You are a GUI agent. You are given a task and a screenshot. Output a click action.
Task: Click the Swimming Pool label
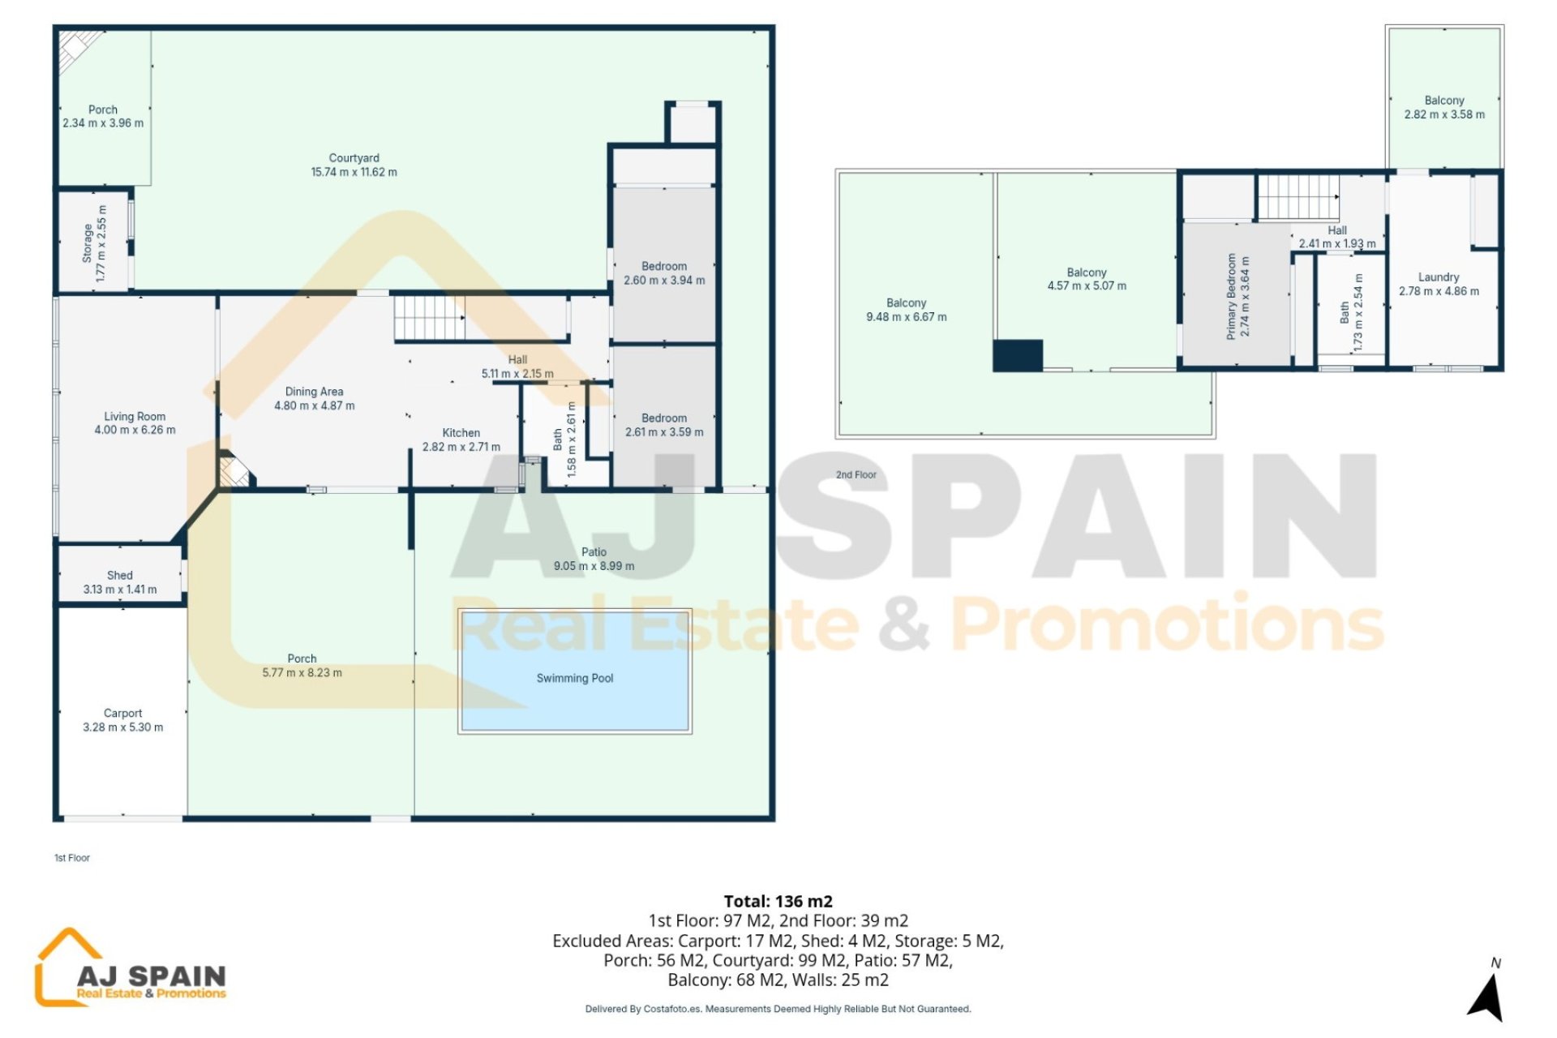point(575,678)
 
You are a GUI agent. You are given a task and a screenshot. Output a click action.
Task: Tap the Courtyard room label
point(354,158)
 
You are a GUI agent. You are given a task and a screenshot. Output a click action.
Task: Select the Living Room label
point(135,416)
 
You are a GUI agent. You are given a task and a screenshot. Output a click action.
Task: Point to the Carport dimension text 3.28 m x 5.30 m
point(123,727)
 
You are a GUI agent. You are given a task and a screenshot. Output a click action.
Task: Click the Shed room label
point(120,575)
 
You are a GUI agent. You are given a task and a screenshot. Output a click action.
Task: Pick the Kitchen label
point(461,433)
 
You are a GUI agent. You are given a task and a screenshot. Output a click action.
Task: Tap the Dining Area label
point(314,392)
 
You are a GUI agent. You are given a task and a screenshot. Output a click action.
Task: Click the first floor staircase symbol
point(430,318)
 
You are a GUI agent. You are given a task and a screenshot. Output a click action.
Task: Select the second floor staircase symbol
point(1298,197)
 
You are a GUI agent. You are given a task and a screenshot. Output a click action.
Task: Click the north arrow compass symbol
point(1486,996)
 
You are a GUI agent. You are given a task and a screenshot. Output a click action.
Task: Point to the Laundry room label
point(1439,277)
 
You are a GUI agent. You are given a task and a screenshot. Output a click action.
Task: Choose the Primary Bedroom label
point(1232,296)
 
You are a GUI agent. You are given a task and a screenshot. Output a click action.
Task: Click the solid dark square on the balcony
point(1018,355)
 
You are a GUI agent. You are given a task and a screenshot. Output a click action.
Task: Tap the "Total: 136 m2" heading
point(778,901)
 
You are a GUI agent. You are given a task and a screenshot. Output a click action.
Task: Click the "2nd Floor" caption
point(856,475)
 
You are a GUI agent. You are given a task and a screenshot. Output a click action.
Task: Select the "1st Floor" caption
point(72,858)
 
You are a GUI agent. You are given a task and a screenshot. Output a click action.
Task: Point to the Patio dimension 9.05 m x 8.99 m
point(594,566)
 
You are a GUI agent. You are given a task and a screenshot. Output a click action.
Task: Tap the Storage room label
point(88,244)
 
